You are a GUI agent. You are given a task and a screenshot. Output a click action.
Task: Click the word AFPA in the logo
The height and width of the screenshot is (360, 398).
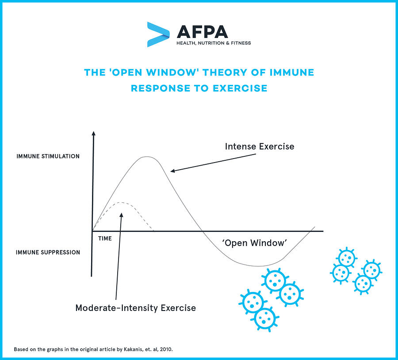202,32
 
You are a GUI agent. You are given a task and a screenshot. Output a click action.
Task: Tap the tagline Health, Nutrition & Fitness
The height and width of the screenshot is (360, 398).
214,43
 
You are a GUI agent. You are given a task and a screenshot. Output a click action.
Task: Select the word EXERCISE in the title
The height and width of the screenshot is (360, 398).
240,88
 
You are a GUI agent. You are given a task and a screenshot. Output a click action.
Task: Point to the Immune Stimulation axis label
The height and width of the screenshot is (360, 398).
48,156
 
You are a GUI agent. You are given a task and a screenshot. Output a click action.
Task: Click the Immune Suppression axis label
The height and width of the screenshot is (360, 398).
48,252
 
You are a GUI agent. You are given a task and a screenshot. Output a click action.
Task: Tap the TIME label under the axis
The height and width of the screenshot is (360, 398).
105,239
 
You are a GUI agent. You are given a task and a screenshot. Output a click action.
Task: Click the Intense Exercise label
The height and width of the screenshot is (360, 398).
260,146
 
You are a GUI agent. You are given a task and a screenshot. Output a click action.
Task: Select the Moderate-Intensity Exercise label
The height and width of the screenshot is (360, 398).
136,308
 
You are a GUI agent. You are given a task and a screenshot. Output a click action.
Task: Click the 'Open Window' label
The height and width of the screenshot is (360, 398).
255,243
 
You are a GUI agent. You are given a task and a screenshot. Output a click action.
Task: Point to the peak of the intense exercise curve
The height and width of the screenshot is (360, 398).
147,157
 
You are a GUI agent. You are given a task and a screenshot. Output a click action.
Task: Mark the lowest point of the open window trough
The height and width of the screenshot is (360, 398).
258,266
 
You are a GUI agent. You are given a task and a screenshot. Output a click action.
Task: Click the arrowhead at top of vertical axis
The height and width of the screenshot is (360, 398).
94,133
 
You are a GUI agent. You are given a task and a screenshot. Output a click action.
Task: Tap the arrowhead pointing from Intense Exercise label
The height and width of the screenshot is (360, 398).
172,171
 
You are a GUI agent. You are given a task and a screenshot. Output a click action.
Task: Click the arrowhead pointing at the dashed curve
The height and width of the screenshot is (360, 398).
121,215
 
